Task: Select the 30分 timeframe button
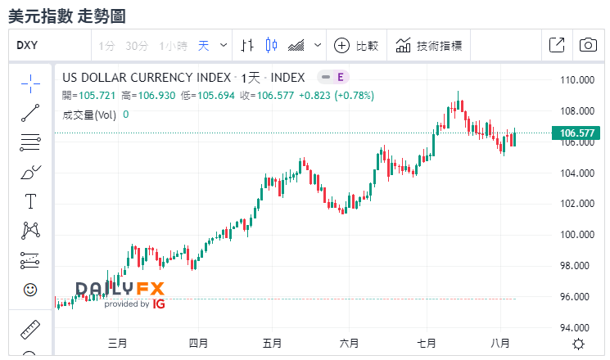[x=137, y=46]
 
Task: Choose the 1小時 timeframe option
[x=174, y=46]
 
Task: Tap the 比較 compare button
[x=357, y=46]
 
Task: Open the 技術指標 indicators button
[x=430, y=46]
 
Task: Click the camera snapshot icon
[x=587, y=46]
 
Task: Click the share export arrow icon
[x=556, y=46]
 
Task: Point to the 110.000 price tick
[x=576, y=80]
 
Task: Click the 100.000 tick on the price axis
[x=576, y=235]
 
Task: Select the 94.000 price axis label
[x=576, y=328]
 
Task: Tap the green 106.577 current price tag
[x=576, y=133]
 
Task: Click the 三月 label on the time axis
[x=117, y=343]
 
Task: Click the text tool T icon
[x=30, y=200]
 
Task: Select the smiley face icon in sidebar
[x=30, y=290]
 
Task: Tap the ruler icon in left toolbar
[x=30, y=330]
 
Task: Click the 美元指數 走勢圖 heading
[x=66, y=16]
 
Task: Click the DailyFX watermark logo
[x=120, y=293]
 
